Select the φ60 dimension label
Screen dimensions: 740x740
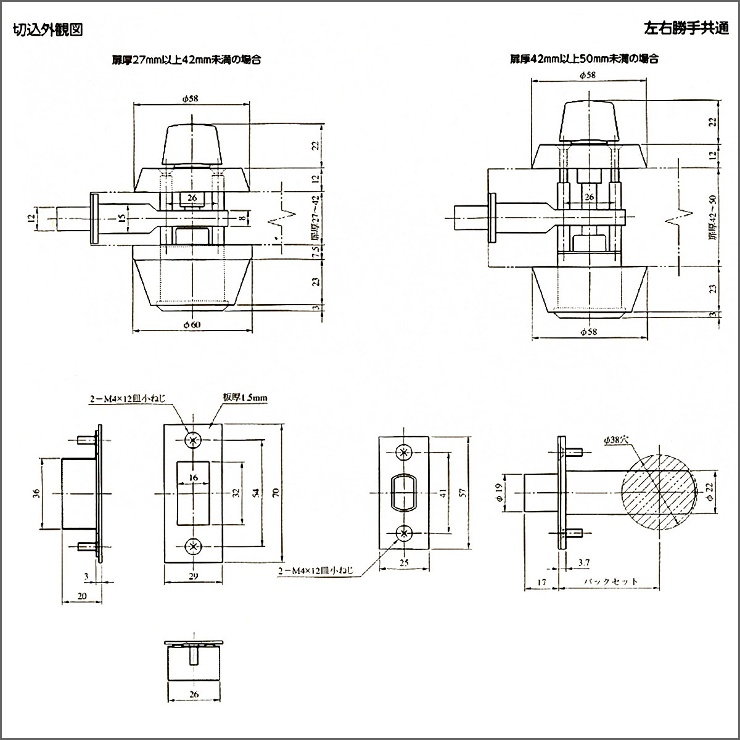[192, 326]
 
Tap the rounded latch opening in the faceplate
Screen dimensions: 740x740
[404, 493]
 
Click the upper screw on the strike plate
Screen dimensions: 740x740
[193, 440]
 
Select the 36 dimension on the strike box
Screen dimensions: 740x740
[36, 493]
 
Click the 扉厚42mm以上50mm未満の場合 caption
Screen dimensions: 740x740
[584, 60]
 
